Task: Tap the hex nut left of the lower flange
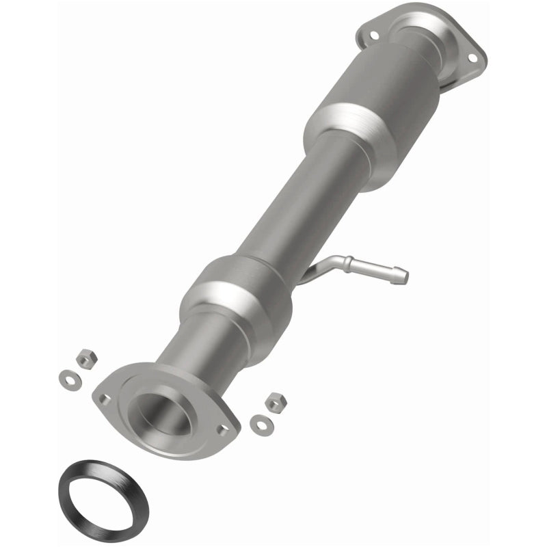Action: coord(85,358)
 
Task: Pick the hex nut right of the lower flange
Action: coord(275,402)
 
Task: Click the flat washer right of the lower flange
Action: coord(258,423)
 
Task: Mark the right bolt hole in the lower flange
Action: coord(222,430)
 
